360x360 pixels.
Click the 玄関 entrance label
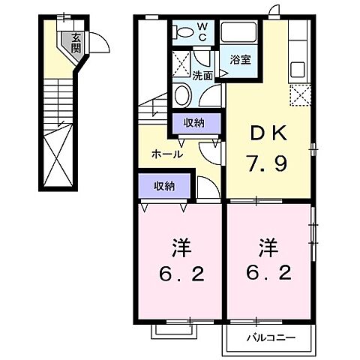(76, 42)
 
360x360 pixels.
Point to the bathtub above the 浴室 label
(241, 32)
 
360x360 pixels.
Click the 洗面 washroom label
(202, 75)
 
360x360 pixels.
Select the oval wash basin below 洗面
(182, 95)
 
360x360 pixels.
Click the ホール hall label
(166, 154)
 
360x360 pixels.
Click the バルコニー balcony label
(268, 337)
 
